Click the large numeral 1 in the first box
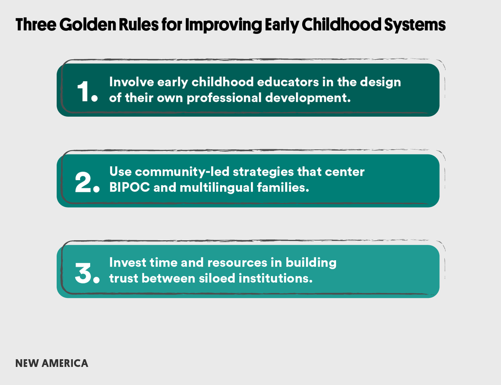pyautogui.click(x=83, y=91)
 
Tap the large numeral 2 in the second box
pyautogui.click(x=83, y=182)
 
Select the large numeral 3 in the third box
pyautogui.click(x=83, y=273)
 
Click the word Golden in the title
pyautogui.click(x=88, y=25)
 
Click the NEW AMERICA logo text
pyautogui.click(x=52, y=363)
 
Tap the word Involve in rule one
pyautogui.click(x=132, y=82)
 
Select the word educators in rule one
pyautogui.click(x=288, y=82)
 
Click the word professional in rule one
pyautogui.click(x=224, y=98)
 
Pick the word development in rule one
pyautogui.click(x=308, y=98)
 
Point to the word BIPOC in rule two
pyautogui.click(x=129, y=187)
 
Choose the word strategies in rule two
pyautogui.click(x=263, y=172)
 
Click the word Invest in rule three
pyautogui.click(x=128, y=262)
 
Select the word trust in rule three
pyautogui.click(x=124, y=278)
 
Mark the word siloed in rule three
pyautogui.click(x=217, y=278)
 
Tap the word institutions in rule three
pyautogui.click(x=276, y=278)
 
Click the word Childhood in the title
pyautogui.click(x=342, y=25)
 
